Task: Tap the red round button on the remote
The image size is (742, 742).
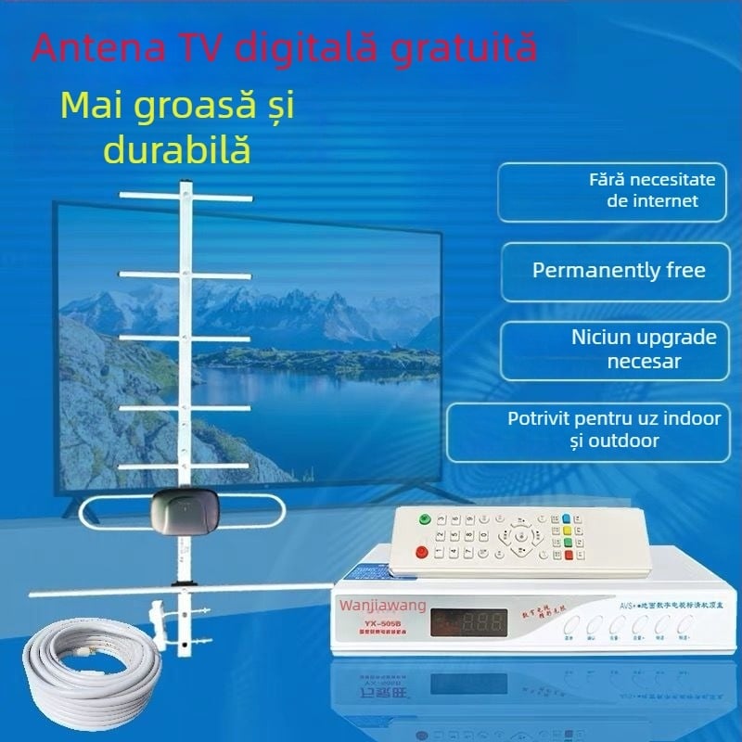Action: [x=422, y=553]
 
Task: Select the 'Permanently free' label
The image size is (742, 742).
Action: [x=619, y=271]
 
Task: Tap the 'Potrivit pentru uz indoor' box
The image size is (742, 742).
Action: [x=614, y=429]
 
